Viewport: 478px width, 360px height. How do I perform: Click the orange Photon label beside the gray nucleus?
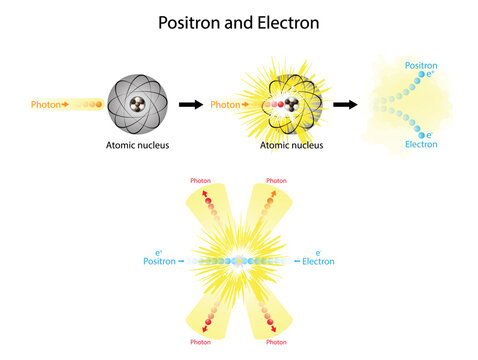(x=46, y=103)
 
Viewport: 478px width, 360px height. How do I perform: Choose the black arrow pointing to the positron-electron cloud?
(x=345, y=104)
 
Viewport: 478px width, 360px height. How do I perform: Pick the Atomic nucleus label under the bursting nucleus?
(x=290, y=144)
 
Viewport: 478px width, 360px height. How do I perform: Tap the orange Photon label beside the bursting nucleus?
(x=225, y=104)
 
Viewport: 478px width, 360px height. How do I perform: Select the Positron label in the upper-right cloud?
(x=421, y=65)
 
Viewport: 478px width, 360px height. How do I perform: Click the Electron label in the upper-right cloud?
(x=421, y=144)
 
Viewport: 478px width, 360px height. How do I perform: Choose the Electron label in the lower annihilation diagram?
(x=318, y=261)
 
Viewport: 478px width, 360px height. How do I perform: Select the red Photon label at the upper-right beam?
(x=275, y=181)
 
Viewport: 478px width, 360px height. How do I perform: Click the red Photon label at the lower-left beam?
(x=202, y=342)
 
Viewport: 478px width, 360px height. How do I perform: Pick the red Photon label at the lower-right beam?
(x=275, y=342)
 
